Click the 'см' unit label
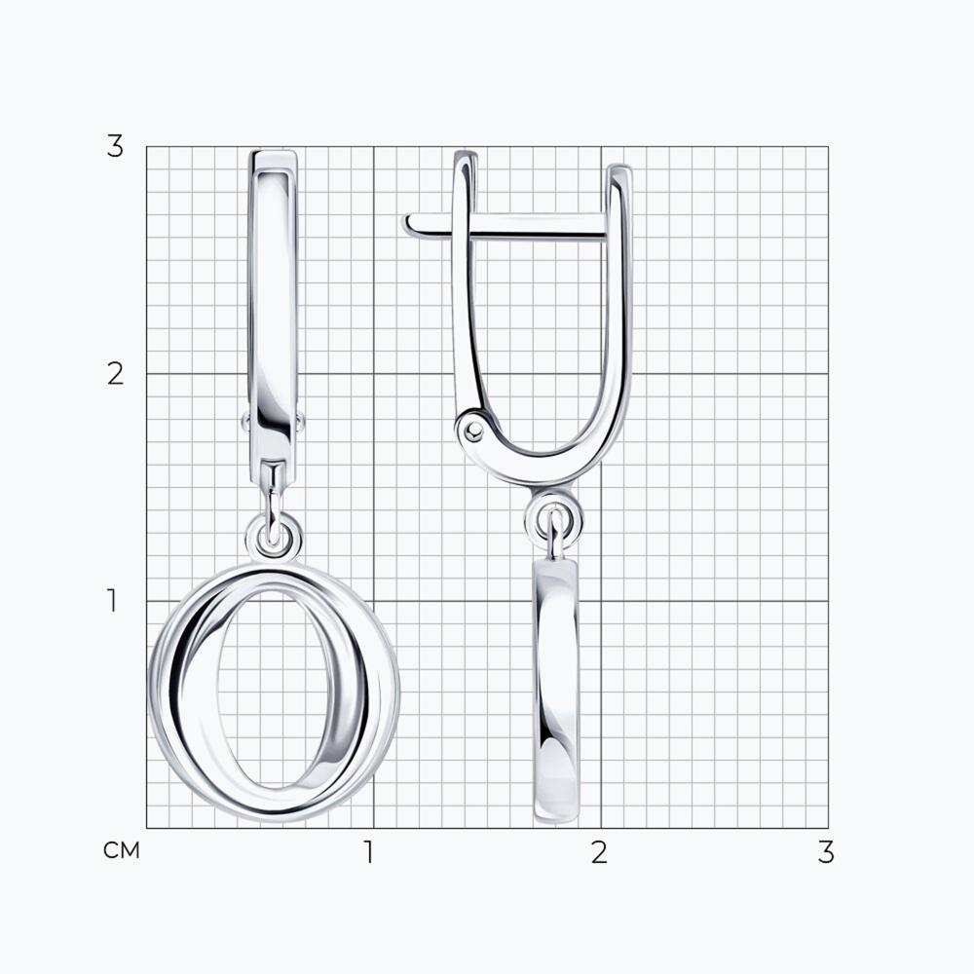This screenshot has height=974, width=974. [x=122, y=850]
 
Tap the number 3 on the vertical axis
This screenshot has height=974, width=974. [x=115, y=147]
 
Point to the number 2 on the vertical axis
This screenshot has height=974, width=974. [x=115, y=374]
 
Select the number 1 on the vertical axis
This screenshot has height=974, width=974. [x=112, y=601]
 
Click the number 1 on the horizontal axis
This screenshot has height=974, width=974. [x=369, y=852]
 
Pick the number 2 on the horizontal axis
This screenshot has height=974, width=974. [x=599, y=852]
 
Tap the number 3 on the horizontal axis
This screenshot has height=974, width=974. [x=826, y=852]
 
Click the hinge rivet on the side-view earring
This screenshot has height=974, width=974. [x=474, y=430]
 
